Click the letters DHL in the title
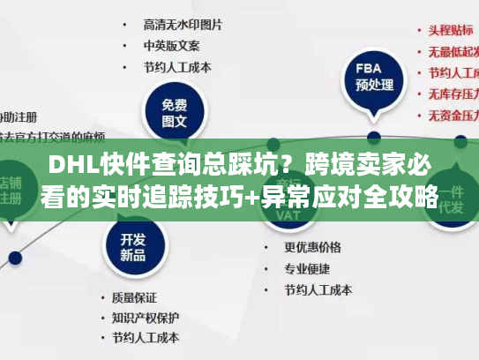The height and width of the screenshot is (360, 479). [72, 167]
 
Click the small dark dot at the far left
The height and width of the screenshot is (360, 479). [14, 259]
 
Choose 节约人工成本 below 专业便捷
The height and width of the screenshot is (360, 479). [318, 289]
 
